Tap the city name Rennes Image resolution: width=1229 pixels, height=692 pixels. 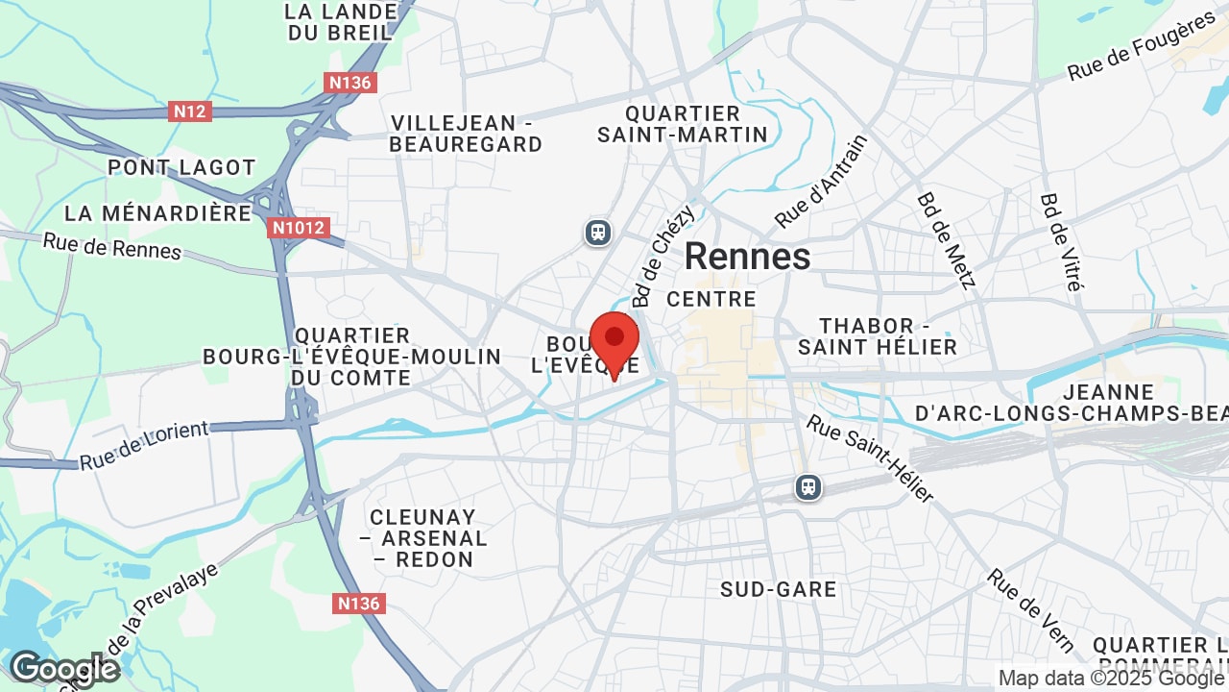point(747,257)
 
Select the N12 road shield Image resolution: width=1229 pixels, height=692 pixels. point(190,111)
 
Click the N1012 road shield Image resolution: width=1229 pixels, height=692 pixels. point(299,228)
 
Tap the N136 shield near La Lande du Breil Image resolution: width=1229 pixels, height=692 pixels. point(350,83)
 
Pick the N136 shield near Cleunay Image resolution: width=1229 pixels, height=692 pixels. point(361,604)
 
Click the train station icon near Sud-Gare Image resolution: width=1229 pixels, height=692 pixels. point(808,487)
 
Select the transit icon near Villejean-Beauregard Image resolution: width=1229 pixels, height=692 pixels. point(598,232)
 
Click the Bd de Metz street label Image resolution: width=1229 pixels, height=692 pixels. point(946,240)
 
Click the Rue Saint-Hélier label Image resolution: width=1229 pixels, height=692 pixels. point(869,458)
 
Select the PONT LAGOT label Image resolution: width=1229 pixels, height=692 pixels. point(181,167)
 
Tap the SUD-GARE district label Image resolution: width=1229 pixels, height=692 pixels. point(779,589)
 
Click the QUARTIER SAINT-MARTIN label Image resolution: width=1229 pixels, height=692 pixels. point(683,125)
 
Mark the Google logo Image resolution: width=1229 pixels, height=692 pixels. point(63,669)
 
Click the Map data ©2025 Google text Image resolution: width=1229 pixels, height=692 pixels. point(1111,678)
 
